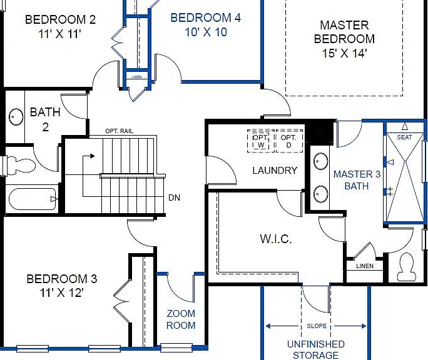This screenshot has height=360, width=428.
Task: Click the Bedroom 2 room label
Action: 60,19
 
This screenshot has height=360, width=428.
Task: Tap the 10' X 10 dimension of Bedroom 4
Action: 206,32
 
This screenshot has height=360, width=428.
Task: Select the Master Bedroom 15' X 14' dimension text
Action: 344,53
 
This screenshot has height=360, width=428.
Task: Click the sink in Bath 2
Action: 16,117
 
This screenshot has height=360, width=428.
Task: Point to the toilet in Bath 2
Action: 21,165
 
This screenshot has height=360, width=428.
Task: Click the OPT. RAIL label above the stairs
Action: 120,131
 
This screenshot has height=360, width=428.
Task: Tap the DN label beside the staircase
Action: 174,197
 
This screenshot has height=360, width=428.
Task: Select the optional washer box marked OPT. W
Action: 260,141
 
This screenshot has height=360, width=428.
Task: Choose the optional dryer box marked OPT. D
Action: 289,141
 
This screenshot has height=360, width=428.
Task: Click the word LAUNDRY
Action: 275,171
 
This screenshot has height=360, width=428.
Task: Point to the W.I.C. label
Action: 276,239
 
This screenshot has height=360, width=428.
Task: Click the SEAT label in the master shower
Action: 404,137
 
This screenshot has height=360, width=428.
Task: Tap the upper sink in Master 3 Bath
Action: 321,161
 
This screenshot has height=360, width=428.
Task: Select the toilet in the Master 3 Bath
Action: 407,266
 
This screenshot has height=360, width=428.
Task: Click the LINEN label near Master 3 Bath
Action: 365,266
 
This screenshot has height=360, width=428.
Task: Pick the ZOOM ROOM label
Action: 181,319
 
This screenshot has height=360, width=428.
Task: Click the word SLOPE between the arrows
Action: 317,326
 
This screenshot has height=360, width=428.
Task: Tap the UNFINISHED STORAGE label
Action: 316,349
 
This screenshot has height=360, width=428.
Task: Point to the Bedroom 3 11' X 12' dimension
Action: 61,292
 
